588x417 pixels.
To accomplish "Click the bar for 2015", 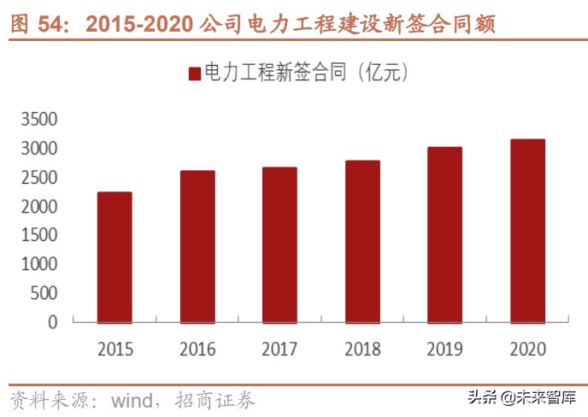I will (115, 257).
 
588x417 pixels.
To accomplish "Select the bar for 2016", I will (197, 247).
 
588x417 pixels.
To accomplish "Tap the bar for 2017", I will (279, 245).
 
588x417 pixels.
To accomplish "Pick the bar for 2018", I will (362, 242).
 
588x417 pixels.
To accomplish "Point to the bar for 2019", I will (444, 235).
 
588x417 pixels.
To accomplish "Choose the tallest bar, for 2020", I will (527, 231).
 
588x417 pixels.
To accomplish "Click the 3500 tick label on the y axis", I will (40, 120).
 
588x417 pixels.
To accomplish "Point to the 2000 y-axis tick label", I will (40, 207).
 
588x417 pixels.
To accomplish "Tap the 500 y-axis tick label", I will (44, 293).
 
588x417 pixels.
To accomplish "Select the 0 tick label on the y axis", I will (53, 322).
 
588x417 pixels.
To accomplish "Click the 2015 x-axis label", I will (115, 349).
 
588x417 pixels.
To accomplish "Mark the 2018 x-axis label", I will (362, 349).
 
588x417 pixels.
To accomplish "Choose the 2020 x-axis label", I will (527, 349).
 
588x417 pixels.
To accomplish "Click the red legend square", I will (195, 73).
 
